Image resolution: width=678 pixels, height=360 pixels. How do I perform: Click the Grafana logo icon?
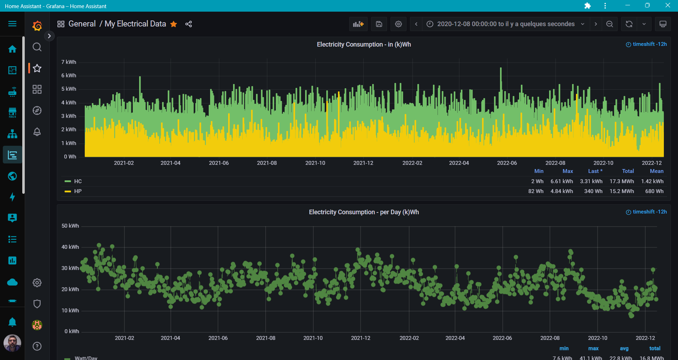37,26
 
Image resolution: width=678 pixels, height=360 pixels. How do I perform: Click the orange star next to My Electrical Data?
173,24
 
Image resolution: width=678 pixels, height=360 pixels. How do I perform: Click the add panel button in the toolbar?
358,24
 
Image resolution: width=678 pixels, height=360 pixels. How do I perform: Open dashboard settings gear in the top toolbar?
398,24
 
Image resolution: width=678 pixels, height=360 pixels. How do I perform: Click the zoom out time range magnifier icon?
609,24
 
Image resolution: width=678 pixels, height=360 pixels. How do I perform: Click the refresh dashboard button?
629,24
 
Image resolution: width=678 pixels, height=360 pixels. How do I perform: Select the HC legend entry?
78,181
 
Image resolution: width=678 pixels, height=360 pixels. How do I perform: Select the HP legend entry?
78,191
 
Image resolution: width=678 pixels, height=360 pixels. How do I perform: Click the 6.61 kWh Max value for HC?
561,181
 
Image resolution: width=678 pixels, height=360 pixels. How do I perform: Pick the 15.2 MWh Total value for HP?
621,191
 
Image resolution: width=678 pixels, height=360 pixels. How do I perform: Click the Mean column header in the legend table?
656,171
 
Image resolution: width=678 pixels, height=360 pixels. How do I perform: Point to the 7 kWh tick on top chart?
69,62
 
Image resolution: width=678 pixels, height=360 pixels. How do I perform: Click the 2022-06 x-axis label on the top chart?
507,163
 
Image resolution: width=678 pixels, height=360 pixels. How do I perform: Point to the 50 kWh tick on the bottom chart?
70,226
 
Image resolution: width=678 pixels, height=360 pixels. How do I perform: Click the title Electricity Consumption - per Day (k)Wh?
364,212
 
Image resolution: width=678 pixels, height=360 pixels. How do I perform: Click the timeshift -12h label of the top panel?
647,44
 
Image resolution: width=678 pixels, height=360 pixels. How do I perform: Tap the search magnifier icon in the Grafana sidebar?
37,47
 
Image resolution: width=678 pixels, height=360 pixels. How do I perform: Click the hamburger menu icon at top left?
12,24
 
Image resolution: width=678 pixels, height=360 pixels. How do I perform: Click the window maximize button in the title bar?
647,5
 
